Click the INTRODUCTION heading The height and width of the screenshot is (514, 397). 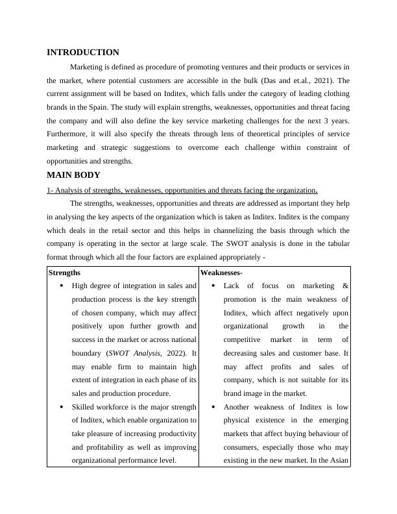point(83,53)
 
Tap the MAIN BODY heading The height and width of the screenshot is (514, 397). point(73,175)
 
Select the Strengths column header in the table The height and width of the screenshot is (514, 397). point(64,273)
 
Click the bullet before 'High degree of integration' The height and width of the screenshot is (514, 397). point(62,286)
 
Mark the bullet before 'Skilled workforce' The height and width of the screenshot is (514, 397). point(62,407)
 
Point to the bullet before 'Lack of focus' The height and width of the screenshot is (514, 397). point(213,286)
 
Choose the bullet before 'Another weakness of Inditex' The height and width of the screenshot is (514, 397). point(213,407)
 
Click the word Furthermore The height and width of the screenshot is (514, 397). point(69,134)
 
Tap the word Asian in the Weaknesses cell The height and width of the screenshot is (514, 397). point(338,461)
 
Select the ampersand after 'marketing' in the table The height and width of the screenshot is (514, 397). point(345,286)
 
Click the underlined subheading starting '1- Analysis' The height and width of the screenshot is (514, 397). point(182,191)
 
